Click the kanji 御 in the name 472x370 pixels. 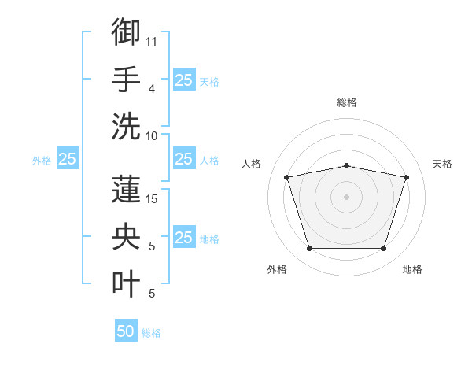(x=126, y=31)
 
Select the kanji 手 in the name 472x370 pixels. (x=126, y=79)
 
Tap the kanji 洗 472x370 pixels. (x=126, y=126)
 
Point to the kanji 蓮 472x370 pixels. (x=126, y=189)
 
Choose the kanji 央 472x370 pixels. (x=126, y=236)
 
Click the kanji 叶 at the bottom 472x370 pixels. (x=126, y=283)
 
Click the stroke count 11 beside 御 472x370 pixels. (x=151, y=42)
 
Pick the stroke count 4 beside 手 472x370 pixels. (x=152, y=89)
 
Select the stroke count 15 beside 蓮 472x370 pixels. (x=151, y=199)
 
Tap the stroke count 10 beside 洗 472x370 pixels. (x=151, y=136)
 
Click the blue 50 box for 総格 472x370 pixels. (x=126, y=330)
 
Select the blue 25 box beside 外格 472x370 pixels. (x=68, y=158)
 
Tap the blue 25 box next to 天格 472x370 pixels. (x=184, y=80)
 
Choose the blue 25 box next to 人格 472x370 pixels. (x=184, y=158)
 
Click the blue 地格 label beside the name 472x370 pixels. (x=209, y=239)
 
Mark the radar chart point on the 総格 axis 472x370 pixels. (x=346, y=166)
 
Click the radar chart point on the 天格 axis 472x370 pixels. (x=406, y=177)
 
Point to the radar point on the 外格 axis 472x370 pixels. (x=310, y=248)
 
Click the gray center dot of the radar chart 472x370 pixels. (x=346, y=197)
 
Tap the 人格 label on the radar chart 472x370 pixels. (x=251, y=164)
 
